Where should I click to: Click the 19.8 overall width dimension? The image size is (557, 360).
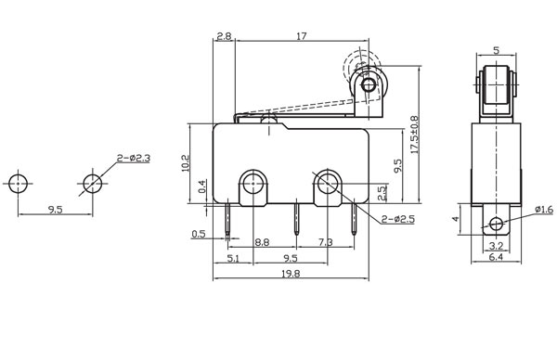(x=291, y=274)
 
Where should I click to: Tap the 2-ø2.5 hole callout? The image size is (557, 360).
(x=398, y=219)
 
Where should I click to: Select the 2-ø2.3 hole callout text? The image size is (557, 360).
(x=134, y=158)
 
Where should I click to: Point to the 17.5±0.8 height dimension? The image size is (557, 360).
(x=415, y=135)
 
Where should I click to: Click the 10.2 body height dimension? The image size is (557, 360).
(x=186, y=163)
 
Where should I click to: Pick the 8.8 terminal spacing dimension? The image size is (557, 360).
(x=262, y=242)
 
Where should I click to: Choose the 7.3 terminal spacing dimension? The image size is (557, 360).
(x=326, y=242)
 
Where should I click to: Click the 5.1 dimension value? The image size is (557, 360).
(x=233, y=258)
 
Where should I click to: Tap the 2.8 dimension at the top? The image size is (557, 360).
(x=224, y=36)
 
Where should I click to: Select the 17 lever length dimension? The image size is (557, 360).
(x=301, y=36)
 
